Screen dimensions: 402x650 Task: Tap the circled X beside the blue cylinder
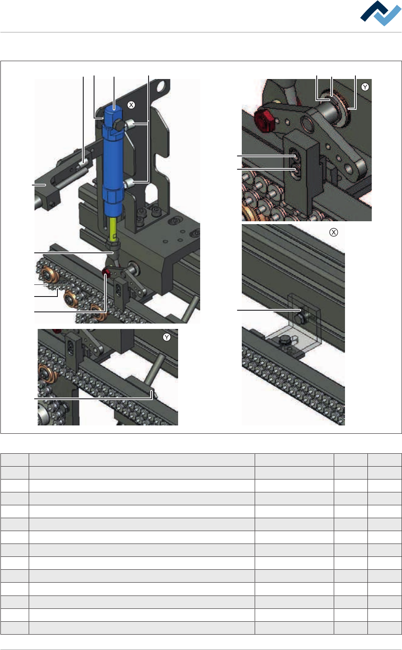point(131,105)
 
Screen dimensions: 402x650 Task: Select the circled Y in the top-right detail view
point(365,87)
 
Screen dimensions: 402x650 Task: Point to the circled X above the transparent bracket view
point(334,232)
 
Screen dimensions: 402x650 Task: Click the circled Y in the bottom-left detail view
point(167,337)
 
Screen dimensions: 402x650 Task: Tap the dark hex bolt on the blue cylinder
point(119,125)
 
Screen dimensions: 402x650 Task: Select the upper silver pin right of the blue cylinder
point(129,124)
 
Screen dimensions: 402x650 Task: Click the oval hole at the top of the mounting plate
point(161,86)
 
